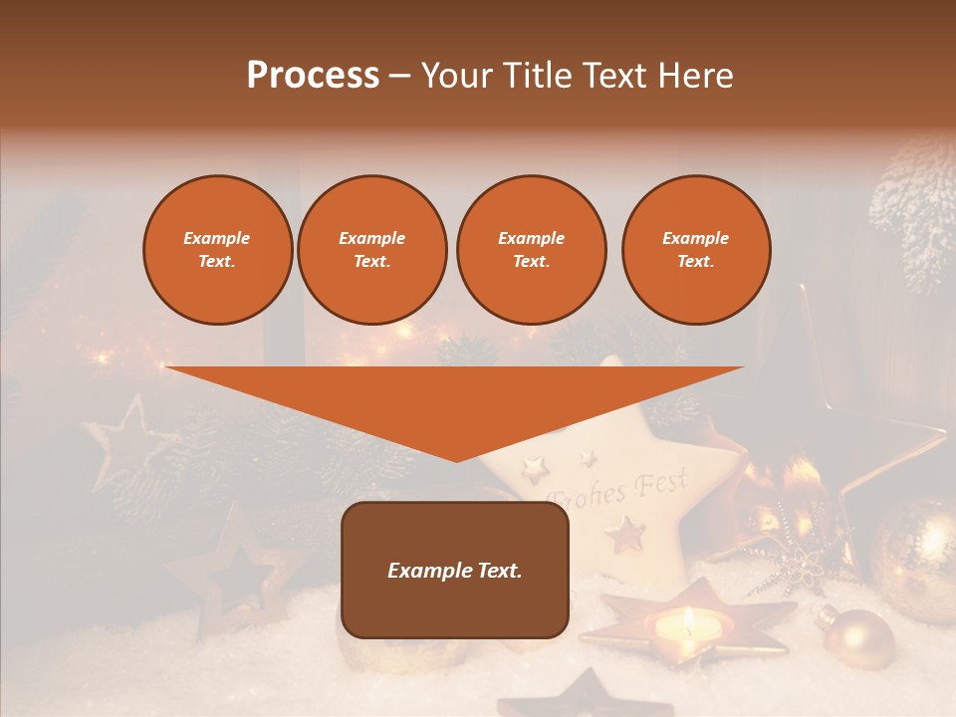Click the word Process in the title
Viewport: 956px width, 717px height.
tap(313, 76)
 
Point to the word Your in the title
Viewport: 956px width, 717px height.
tap(454, 76)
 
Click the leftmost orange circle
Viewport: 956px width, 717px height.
tap(217, 250)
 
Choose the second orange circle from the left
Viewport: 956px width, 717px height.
tap(372, 250)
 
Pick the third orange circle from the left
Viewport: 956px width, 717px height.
tap(531, 250)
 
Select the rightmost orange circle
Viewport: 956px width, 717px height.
tap(696, 250)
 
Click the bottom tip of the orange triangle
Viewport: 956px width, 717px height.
tap(456, 459)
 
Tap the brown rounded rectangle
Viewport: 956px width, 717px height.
tap(455, 570)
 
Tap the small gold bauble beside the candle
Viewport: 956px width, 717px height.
tap(857, 638)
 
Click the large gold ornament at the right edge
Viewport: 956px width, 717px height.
tap(914, 547)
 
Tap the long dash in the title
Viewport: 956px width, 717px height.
tap(399, 76)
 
